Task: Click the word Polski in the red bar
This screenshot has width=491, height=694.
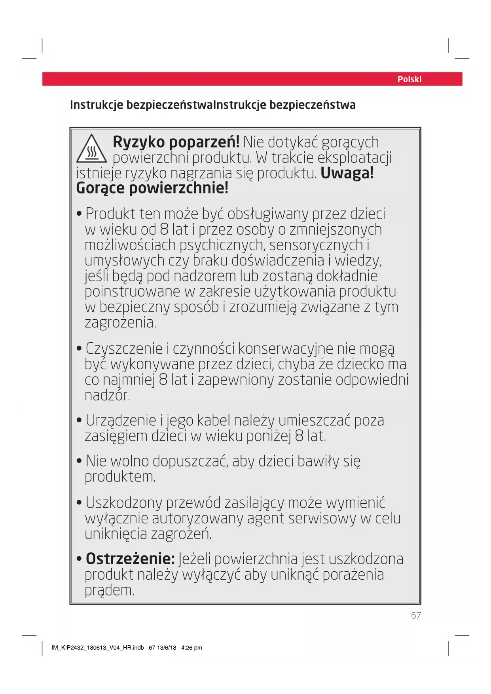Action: [409, 79]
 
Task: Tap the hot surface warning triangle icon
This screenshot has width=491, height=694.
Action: [91, 149]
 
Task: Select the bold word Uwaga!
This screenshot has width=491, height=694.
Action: [347, 173]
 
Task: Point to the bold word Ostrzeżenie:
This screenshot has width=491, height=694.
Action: [130, 559]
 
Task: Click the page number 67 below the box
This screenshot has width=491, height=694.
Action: [416, 616]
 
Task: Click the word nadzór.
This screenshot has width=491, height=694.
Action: [107, 395]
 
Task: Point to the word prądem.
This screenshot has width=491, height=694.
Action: [109, 590]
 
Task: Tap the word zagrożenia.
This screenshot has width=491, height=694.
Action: [120, 323]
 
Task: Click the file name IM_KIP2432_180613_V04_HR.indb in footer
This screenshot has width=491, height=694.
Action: [98, 648]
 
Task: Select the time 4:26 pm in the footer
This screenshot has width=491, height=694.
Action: [191, 648]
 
